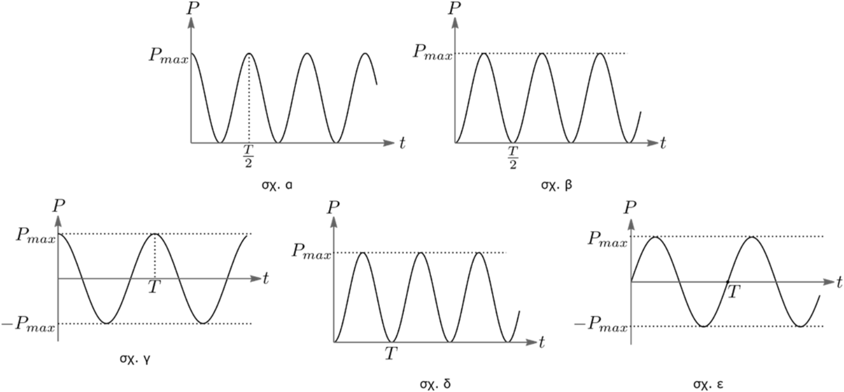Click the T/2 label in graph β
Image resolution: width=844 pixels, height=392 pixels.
[x=513, y=156]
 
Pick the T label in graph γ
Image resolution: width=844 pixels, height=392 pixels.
[x=153, y=288]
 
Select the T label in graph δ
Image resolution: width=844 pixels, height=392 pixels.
[x=391, y=352]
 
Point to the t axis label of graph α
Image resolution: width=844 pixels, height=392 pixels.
[x=402, y=143]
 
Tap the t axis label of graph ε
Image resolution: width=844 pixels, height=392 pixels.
[x=839, y=282]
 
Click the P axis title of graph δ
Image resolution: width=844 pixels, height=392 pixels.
[x=333, y=207]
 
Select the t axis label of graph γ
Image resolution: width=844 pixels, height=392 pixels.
[x=266, y=278]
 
